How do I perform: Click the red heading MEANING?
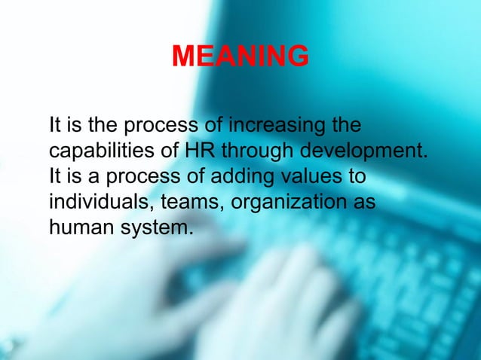[240, 56]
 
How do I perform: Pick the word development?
[367, 151]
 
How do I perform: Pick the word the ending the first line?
[346, 124]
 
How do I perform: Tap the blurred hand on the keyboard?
[249, 301]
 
